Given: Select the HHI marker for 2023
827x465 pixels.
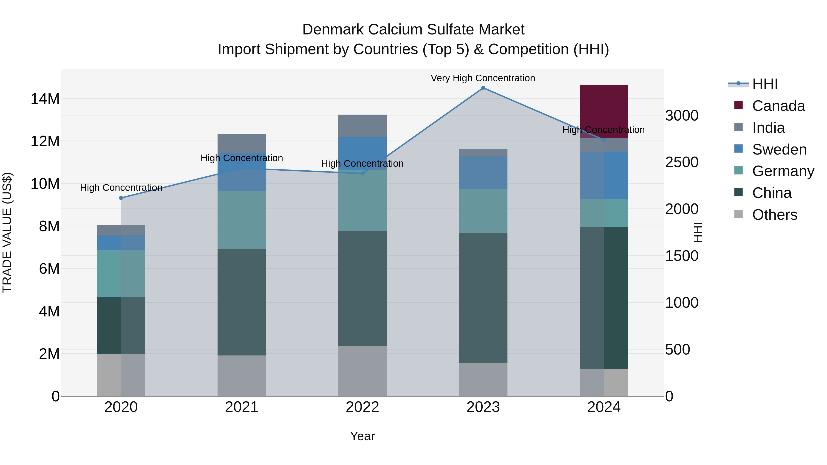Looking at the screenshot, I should tap(483, 88).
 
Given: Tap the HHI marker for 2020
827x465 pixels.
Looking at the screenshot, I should tap(121, 198).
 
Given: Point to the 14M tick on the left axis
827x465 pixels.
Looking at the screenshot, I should tap(45, 99).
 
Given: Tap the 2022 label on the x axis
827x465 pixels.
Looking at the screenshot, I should tap(363, 407).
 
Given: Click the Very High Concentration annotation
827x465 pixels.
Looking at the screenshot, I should tap(483, 78).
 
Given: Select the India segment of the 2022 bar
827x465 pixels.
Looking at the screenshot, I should tap(363, 126).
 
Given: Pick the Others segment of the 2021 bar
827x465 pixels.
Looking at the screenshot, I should tap(242, 375).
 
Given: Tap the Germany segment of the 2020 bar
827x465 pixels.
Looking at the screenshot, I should tap(121, 274).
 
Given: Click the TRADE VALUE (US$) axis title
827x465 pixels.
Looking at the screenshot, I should tap(7, 232).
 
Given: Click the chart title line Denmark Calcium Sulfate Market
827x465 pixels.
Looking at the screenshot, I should tap(413, 30).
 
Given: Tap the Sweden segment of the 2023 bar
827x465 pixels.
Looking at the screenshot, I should tap(483, 173).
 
